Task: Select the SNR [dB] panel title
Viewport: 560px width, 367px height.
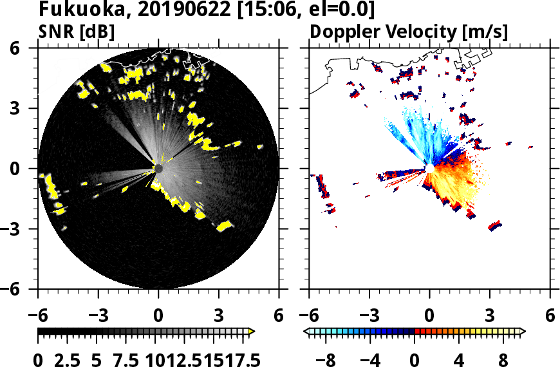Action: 77,31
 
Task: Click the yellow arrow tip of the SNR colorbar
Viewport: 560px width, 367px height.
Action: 252,332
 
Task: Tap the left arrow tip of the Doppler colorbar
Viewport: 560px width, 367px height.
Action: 306,332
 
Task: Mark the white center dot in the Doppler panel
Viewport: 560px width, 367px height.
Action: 429,169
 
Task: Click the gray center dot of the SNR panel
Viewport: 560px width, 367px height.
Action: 158,169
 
